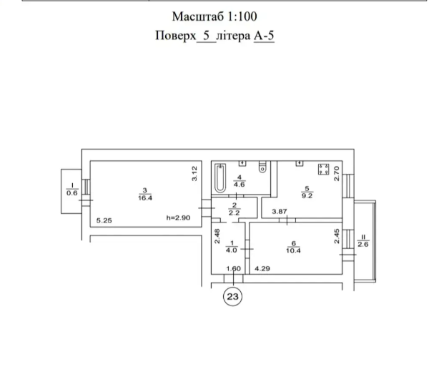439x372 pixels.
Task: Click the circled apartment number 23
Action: [232, 296]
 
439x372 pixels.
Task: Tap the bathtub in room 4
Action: [220, 178]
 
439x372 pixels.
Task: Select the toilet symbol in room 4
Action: [262, 167]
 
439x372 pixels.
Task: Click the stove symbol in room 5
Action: [323, 170]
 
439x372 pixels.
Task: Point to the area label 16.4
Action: [145, 197]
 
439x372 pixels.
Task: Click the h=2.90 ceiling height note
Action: [178, 217]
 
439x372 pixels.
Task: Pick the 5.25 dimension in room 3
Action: [104, 220]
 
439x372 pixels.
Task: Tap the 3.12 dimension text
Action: [194, 174]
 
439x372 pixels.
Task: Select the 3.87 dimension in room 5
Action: [280, 212]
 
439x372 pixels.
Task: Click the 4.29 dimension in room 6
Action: [262, 269]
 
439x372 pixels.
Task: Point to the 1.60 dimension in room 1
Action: [234, 269]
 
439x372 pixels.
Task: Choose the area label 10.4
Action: [293, 250]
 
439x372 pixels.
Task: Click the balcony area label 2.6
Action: [363, 244]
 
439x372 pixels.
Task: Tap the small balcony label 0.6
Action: [72, 193]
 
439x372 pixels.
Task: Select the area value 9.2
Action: [307, 195]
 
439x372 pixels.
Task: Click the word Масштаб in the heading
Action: [197, 16]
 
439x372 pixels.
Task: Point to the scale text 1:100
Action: [242, 16]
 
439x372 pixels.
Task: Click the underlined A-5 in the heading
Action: [264, 36]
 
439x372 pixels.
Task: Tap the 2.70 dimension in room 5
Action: [337, 174]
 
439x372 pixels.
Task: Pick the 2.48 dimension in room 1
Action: [217, 236]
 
